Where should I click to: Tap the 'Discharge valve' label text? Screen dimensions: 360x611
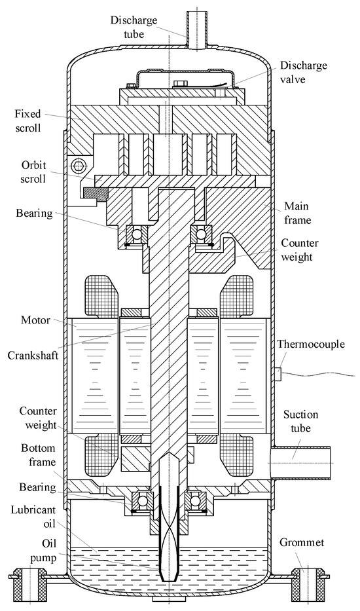tap(303, 72)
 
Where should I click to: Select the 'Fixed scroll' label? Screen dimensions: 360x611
tap(27, 120)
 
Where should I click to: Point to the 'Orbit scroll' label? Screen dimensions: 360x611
tap(33, 172)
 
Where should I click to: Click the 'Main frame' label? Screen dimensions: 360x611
tap(298, 213)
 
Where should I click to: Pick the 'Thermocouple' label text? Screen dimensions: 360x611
tap(311, 344)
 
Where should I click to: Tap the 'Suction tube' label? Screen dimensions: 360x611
tap(300, 421)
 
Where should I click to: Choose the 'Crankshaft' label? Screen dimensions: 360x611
tap(33, 356)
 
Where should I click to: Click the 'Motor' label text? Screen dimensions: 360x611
tap(35, 320)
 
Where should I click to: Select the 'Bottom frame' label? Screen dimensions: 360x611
tap(38, 455)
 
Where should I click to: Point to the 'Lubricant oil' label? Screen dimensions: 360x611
tap(33, 517)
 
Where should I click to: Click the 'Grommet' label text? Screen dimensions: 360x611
tap(302, 542)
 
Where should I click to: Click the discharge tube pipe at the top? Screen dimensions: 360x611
tap(198, 30)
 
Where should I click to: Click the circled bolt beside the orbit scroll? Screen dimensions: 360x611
tap(76, 166)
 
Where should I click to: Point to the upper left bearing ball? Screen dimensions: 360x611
tap(137, 234)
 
